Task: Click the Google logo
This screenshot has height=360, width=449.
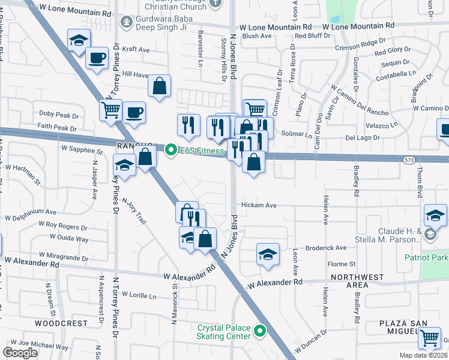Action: point(20,353)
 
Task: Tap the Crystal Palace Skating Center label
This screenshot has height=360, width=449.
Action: point(224,332)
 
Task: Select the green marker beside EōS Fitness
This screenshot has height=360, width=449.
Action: point(171,150)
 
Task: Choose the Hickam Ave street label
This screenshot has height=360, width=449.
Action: point(258,205)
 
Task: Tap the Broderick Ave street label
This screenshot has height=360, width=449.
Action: point(325,247)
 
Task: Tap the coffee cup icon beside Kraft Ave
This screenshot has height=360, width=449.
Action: point(96,58)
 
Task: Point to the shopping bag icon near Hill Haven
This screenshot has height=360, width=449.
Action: point(159,85)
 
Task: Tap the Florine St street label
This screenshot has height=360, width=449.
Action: point(342,264)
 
